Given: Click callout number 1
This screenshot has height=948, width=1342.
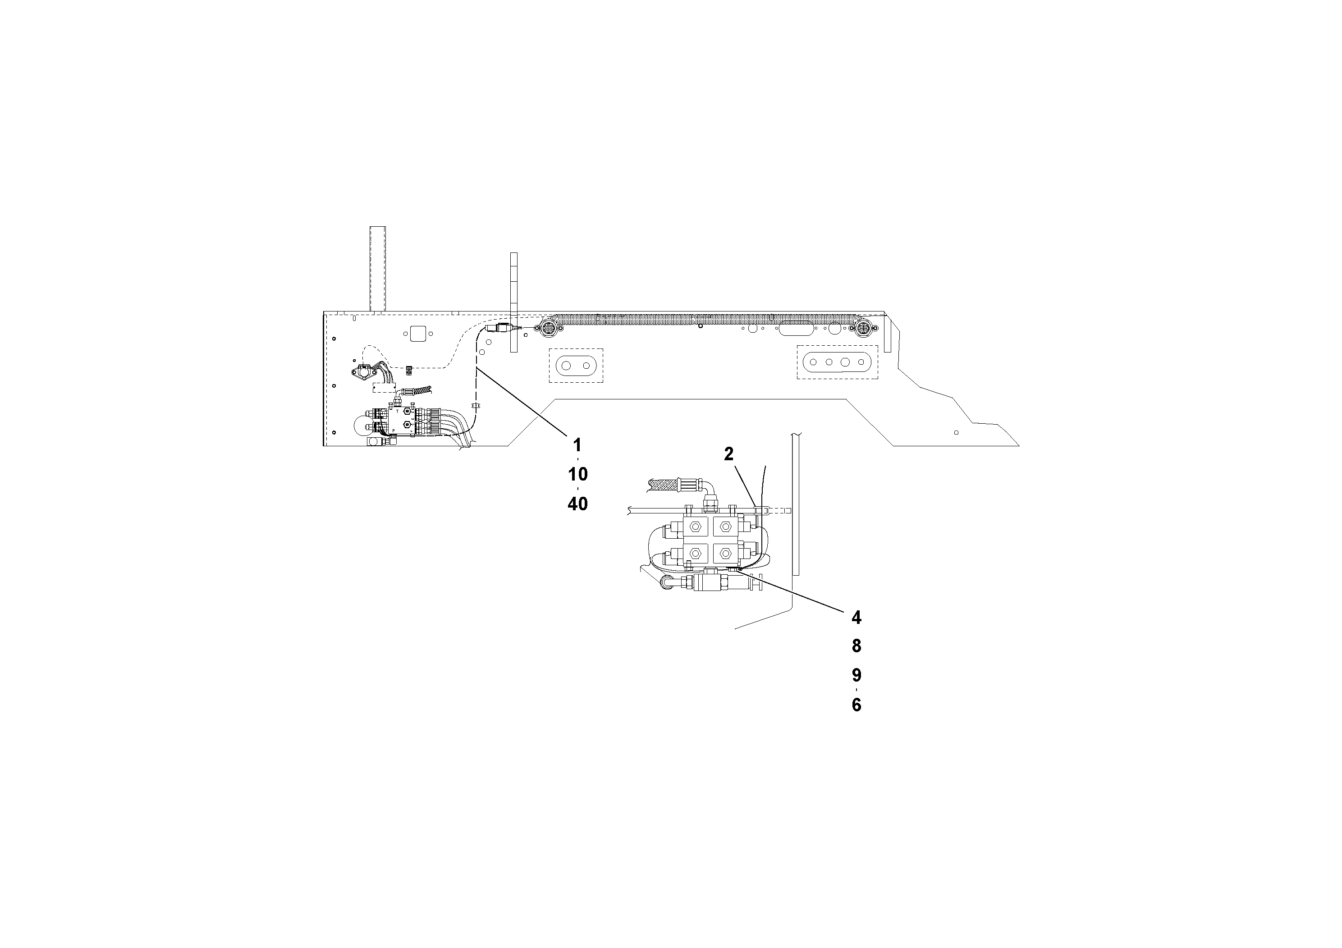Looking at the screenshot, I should (577, 445).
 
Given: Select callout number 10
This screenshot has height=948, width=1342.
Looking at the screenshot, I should (577, 474).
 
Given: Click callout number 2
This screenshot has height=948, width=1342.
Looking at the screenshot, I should (728, 453).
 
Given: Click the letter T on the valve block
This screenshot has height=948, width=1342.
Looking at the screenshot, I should (398, 412).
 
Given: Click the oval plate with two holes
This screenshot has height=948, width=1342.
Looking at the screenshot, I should (576, 366).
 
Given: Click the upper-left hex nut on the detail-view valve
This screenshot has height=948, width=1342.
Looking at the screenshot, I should (696, 526).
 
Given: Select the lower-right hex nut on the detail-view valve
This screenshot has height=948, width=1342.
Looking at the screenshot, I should (725, 554).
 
